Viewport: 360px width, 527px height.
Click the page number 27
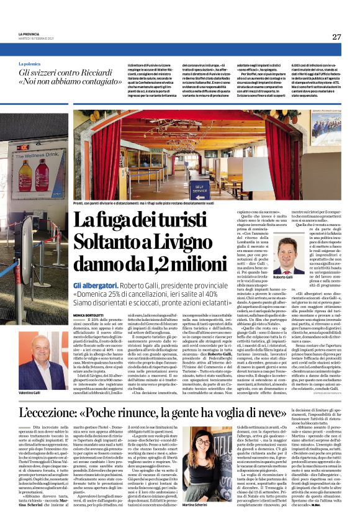pos(336,37)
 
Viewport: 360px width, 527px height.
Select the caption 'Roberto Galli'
pos(284,277)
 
